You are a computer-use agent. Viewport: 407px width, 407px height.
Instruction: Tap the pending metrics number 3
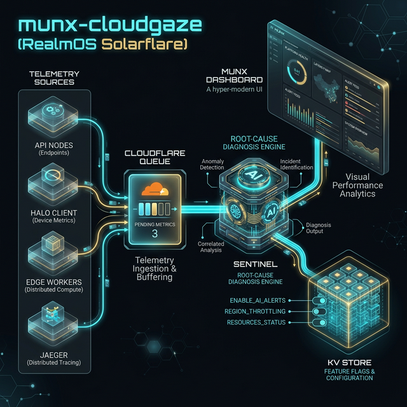(155, 234)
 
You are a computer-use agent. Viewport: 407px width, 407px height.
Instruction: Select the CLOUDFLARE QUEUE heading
(155, 157)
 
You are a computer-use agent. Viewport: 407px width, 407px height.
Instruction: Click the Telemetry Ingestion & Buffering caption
(155, 268)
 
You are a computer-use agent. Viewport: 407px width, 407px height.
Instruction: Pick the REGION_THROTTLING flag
(254, 311)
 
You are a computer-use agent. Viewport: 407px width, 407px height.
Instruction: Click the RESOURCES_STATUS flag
(254, 322)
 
